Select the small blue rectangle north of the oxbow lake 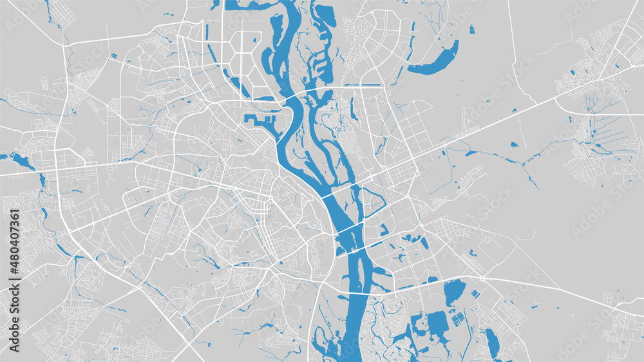pyautogui.click(x=472, y=29)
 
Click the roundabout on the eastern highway pyautogui.click(x=482, y=278)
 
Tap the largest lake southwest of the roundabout pyautogui.click(x=454, y=292)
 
